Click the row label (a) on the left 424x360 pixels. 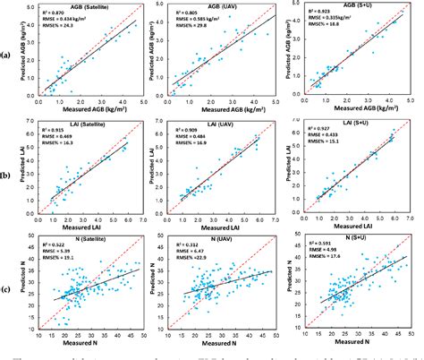tap(7, 54)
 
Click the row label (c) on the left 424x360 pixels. tap(7, 286)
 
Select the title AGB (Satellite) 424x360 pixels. tap(87, 6)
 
